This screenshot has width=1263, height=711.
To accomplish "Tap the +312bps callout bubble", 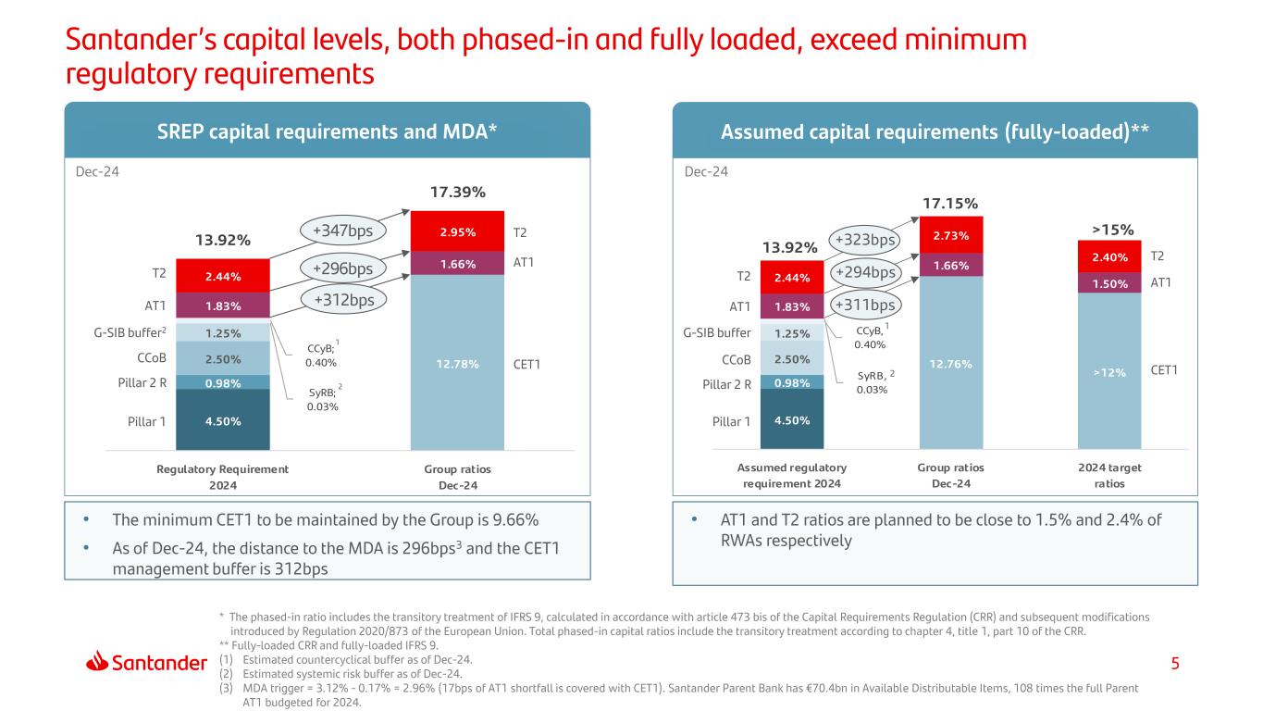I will pos(343,299).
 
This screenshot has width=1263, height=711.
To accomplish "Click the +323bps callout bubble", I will pos(865,241).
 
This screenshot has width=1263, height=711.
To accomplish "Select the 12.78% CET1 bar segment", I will pos(458,363).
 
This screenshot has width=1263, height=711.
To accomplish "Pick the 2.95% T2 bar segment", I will pos(458,232).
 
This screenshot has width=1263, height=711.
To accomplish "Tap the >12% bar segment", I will pos(1109,371).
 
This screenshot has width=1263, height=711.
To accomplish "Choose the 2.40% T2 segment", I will pos(1109,256).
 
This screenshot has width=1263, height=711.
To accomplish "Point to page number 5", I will pos(1175,663).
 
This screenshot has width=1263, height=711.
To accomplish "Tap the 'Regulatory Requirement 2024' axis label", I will pos(223,476).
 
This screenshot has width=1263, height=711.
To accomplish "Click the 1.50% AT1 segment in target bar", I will pos(1109,283).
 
